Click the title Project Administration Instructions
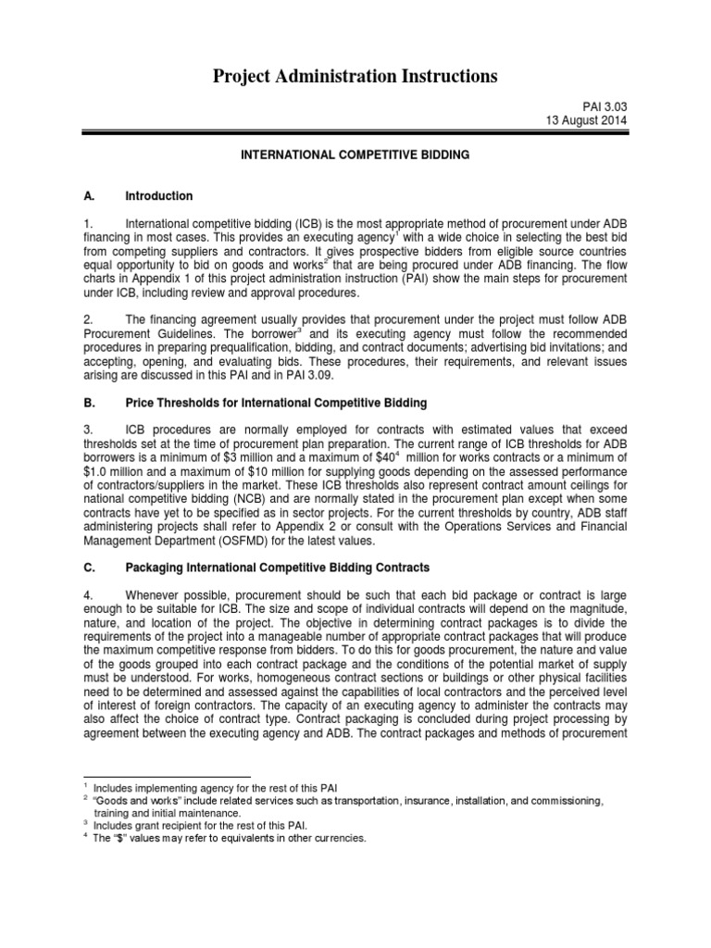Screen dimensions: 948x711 tap(355, 77)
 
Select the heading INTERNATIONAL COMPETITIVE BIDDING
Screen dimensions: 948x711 tap(355, 156)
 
